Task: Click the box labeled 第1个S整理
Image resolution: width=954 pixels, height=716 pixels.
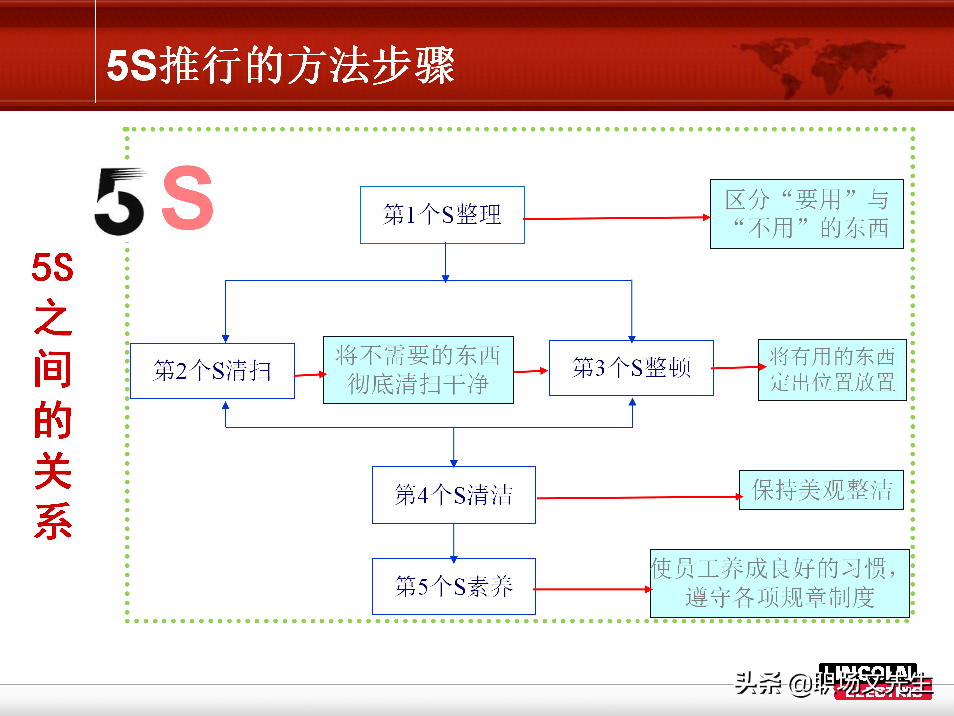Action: coord(442,215)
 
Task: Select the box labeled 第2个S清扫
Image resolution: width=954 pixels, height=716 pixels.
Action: coord(212,371)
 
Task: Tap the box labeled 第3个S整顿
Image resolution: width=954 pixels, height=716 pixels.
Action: coord(631,368)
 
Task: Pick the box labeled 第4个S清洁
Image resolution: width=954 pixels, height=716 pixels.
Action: coord(454,495)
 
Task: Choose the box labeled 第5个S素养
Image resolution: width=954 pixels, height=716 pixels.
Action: coord(454,587)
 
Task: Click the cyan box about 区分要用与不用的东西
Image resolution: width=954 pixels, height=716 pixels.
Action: coord(806,214)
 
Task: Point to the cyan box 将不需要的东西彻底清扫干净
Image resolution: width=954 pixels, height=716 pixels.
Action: coord(418,370)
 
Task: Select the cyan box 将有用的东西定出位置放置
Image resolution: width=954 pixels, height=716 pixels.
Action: coord(832,369)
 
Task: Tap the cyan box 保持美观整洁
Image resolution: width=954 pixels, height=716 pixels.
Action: coord(821,490)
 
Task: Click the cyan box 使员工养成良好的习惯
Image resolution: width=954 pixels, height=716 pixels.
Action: coord(780,583)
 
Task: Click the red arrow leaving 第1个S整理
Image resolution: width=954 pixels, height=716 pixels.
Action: coord(616,218)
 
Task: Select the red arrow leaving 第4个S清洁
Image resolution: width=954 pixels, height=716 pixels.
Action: coord(638,497)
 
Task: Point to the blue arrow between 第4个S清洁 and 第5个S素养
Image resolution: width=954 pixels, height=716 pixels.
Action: coord(454,541)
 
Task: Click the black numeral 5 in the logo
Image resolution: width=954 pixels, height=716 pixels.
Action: coord(120,203)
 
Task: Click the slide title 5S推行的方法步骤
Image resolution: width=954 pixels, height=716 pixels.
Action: coord(281,65)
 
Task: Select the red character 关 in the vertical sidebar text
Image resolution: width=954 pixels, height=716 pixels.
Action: coord(53,470)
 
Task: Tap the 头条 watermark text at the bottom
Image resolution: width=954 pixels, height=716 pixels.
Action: coord(758,683)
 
